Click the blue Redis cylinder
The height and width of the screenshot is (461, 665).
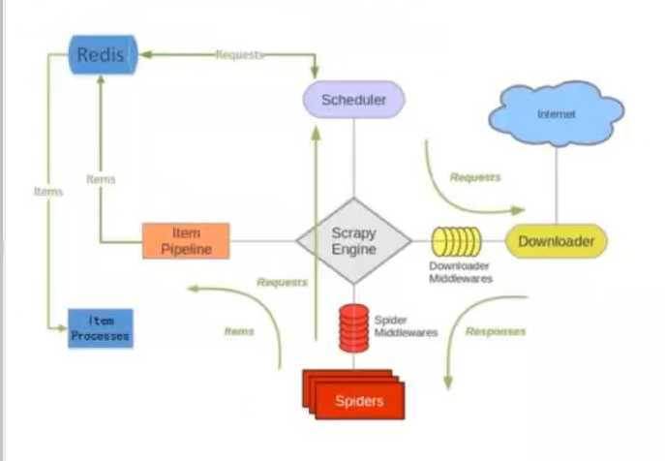pyautogui.click(x=101, y=55)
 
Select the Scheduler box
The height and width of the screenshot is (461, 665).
pyautogui.click(x=353, y=100)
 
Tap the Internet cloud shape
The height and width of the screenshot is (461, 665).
pyautogui.click(x=556, y=115)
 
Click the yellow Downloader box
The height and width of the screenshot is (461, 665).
pyautogui.click(x=557, y=241)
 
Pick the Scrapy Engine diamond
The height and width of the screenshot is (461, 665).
pyautogui.click(x=353, y=241)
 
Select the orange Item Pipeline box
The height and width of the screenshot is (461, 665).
pyautogui.click(x=186, y=241)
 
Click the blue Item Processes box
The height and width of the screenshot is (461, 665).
pyautogui.click(x=100, y=328)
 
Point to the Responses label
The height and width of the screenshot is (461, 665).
pyautogui.click(x=496, y=331)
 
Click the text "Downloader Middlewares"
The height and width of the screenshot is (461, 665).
pyautogui.click(x=460, y=272)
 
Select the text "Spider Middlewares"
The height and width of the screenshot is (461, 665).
pyautogui.click(x=405, y=325)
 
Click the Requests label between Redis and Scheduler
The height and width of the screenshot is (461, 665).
pyautogui.click(x=239, y=55)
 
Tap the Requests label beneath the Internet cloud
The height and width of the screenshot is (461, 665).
pyautogui.click(x=475, y=178)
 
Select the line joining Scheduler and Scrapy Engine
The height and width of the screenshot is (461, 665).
pyautogui.click(x=353, y=155)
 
